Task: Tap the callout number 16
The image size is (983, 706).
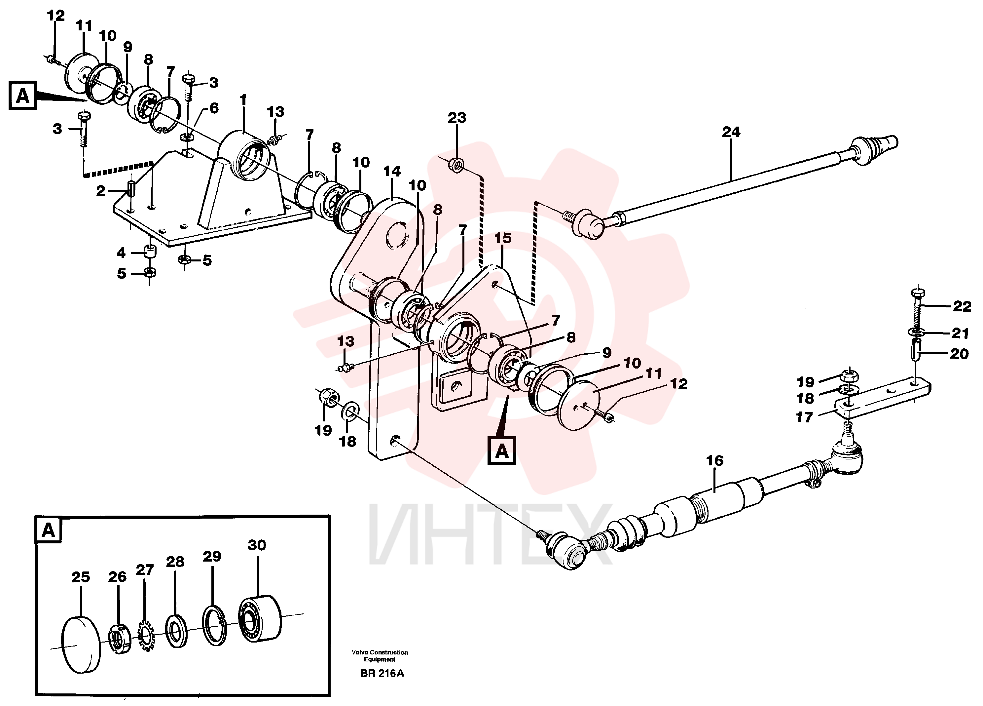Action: [x=715, y=460]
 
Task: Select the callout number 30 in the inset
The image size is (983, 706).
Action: [x=257, y=545]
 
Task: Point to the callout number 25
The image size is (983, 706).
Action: [x=81, y=577]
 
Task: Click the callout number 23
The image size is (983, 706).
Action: [x=457, y=118]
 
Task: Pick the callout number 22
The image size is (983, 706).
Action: [x=962, y=307]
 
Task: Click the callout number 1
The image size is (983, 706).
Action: [x=243, y=100]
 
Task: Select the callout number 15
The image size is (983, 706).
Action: [x=503, y=238]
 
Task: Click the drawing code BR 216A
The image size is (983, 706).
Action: [x=382, y=674]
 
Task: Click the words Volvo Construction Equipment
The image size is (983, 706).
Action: [x=380, y=656]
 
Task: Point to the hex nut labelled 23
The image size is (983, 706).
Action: [x=457, y=165]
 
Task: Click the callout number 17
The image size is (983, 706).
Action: [x=804, y=417]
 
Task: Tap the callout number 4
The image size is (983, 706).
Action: [x=121, y=253]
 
